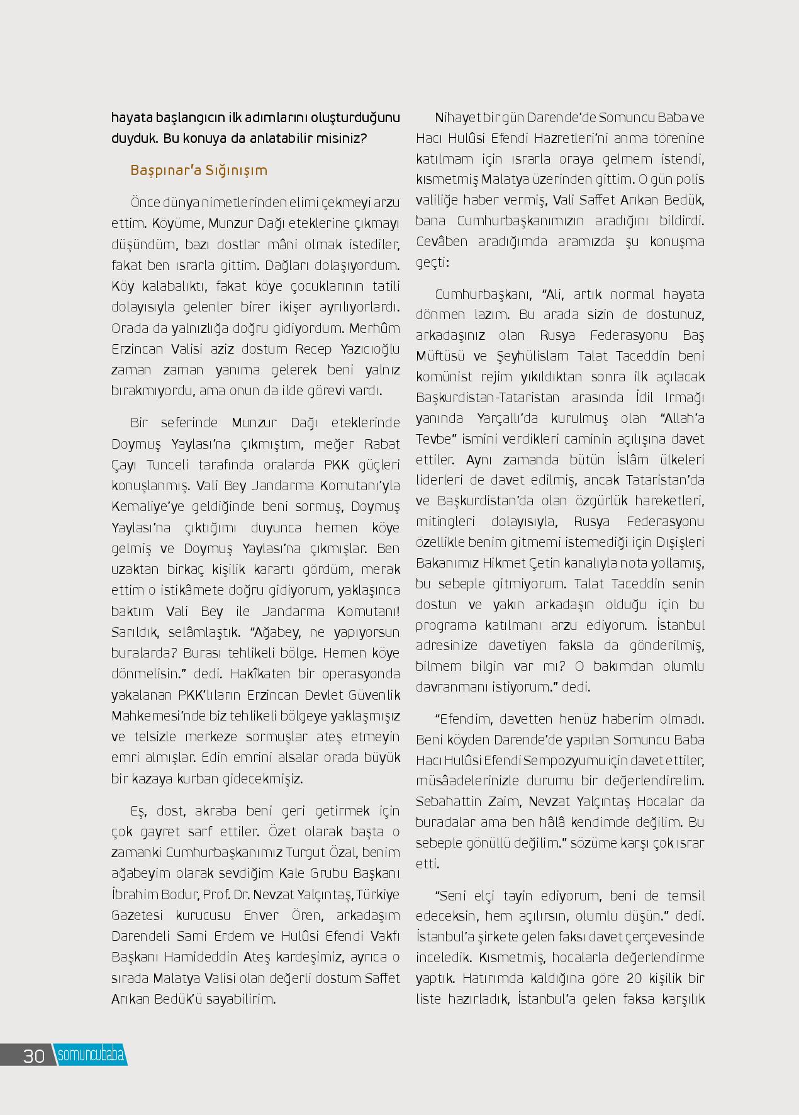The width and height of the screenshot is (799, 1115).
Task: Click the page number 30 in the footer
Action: (34, 1055)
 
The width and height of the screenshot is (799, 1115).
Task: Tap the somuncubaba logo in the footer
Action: (91, 1055)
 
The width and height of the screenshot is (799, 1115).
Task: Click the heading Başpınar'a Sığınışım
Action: (199, 171)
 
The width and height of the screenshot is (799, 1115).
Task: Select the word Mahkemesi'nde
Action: (157, 715)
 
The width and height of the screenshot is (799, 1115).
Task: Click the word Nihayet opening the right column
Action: (455, 118)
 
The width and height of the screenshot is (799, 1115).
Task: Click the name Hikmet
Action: (505, 563)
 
